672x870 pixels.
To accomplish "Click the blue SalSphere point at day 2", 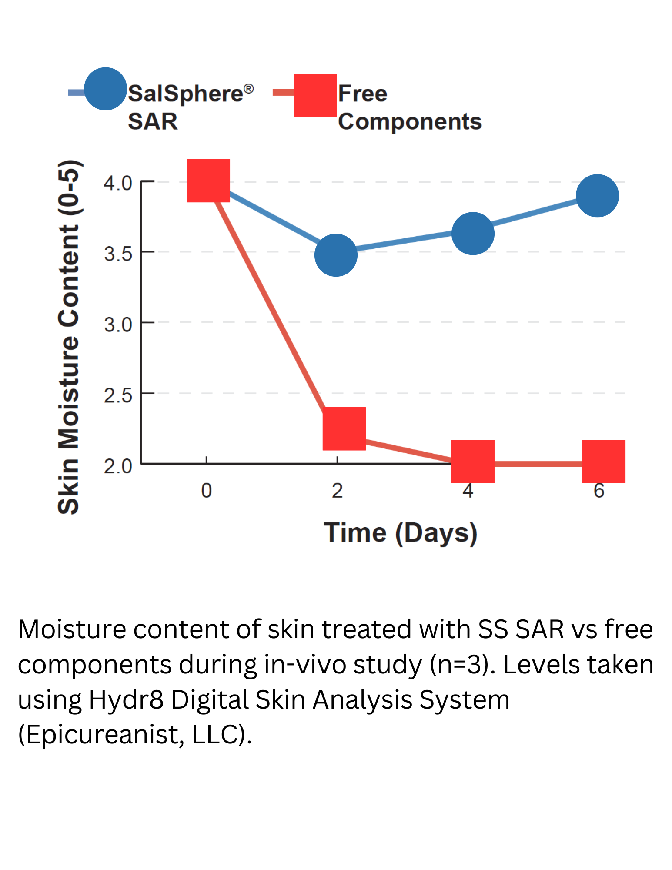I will coord(336,255).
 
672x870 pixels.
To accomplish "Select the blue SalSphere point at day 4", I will coord(473,234).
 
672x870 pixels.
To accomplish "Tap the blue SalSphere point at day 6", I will coord(597,196).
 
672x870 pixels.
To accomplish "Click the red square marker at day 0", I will coord(208,181).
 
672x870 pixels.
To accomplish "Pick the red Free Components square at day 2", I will coord(344,428).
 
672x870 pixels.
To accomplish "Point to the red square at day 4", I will coord(473,461).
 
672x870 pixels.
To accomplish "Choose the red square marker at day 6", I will coord(604,461).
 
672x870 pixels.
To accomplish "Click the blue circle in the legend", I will coord(105,89).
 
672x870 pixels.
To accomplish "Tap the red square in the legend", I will coord(315,96).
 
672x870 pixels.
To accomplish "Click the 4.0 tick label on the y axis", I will coord(118,183).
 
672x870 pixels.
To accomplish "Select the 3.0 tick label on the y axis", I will coord(118,325).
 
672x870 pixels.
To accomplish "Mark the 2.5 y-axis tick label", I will coord(118,395).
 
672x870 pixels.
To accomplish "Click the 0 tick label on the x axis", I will coord(206,491).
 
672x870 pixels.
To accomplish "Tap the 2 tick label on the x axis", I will coord(337,491).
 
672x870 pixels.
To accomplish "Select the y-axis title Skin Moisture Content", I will coord(69,337).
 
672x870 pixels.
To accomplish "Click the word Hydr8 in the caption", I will coord(126,699).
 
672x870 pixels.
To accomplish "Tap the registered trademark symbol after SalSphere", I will coord(248,89).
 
